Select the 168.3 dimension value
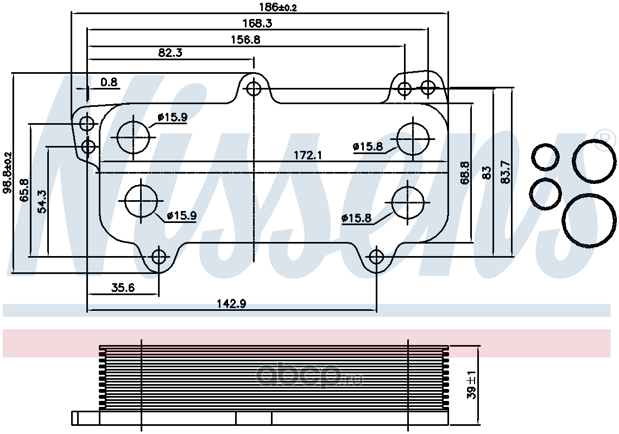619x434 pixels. [257, 23]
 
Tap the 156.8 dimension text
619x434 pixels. [245, 40]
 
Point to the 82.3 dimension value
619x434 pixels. [170, 53]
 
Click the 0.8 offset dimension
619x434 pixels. [109, 82]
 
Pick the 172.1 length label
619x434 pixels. [308, 155]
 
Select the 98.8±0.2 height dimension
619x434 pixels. [7, 173]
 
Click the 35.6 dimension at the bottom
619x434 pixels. [123, 288]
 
